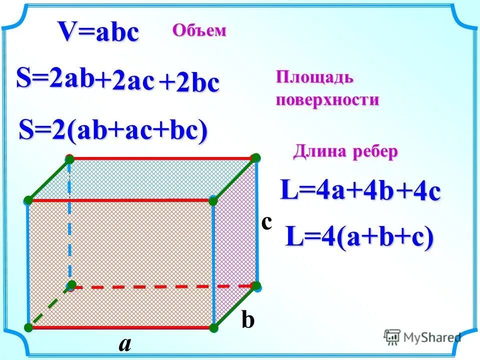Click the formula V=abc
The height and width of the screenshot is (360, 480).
(98, 33)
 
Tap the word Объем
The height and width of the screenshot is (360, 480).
(199, 31)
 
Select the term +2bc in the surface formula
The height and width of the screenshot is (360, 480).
(189, 83)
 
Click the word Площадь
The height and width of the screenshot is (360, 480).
(315, 78)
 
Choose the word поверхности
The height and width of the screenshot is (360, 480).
(327, 99)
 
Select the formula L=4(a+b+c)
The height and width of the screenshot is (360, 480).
(359, 237)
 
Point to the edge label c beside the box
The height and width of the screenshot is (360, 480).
(266, 222)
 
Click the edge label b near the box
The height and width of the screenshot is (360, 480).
(248, 320)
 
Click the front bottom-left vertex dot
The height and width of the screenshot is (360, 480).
(27, 327)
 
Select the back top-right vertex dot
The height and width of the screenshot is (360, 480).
(256, 158)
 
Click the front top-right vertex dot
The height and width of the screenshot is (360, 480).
(213, 200)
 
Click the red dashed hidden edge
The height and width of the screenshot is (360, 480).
(165, 286)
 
